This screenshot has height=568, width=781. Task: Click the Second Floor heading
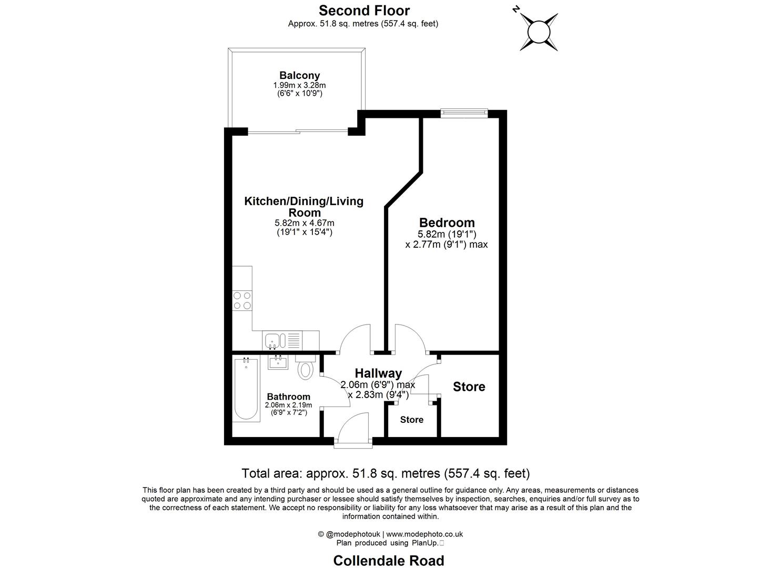[x=364, y=10]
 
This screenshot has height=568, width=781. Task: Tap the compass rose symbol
[x=539, y=32]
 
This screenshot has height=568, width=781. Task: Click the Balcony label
[x=299, y=75]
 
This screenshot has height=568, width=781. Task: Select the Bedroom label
[x=447, y=222]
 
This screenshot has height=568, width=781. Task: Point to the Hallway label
[x=378, y=373]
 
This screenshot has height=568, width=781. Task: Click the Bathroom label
[x=288, y=397]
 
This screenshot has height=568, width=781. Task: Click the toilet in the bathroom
[x=305, y=368]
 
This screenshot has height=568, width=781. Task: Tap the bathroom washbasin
[x=278, y=362]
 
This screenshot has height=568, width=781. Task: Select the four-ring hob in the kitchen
[x=242, y=300]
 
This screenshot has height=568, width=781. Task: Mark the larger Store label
[x=469, y=387]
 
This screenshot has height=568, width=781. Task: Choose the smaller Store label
[x=411, y=420]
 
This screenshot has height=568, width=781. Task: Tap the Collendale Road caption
[x=389, y=561]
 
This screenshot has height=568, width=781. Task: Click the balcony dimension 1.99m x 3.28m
[x=299, y=85]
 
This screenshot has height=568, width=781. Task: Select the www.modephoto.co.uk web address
[x=424, y=534]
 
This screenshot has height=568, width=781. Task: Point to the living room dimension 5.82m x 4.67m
[x=304, y=223]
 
